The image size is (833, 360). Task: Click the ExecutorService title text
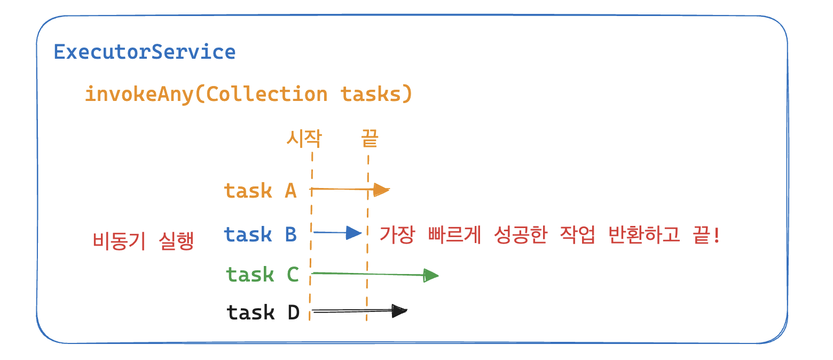coord(144,52)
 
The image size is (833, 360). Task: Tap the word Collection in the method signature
coord(266,94)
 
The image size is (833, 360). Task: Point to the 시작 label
coord(304,139)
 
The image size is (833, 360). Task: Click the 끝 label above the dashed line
coord(370,139)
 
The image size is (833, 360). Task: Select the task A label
coord(260,191)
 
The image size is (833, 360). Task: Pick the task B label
coord(260,234)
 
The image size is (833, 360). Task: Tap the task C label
coord(262,275)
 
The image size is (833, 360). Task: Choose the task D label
coord(263,312)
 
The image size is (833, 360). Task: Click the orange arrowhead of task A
coord(381,190)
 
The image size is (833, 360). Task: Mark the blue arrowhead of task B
coord(353,232)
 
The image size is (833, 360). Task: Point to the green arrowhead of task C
coord(430,276)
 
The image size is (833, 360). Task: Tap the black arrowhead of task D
coord(399,311)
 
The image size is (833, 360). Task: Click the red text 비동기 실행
coord(143,241)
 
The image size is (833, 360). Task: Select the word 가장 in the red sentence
coord(396,234)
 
